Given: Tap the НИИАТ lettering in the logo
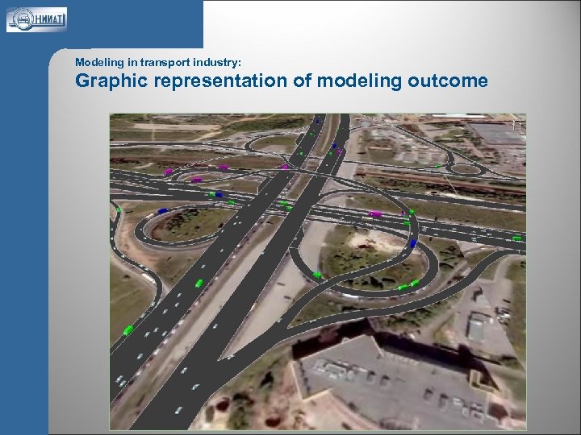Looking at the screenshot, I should tap(48, 19).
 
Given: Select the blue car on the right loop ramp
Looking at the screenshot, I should tap(414, 242).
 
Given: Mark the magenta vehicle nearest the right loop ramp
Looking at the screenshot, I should tap(375, 213).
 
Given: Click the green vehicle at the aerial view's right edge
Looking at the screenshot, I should tap(517, 238).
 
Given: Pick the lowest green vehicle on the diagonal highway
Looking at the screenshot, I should tap(128, 329).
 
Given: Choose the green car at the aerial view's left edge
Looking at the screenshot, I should tap(118, 209).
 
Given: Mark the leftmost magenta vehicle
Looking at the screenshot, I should tap(169, 172).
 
